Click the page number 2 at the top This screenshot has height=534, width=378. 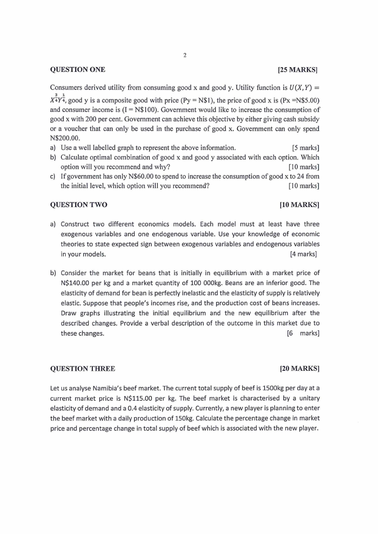click(x=184, y=55)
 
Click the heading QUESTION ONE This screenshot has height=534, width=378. click(x=78, y=69)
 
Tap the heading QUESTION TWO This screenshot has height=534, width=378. click(x=79, y=205)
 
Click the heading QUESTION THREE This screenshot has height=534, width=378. click(x=82, y=368)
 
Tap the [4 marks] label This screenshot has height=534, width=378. click(x=303, y=254)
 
